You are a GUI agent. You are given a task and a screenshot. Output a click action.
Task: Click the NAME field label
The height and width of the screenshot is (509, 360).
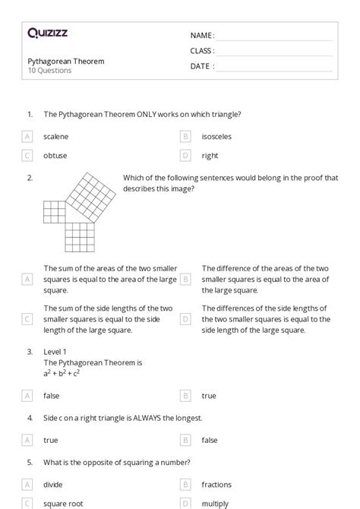click(201, 36)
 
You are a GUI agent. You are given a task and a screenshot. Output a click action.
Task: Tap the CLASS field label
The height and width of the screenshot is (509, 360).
click(202, 51)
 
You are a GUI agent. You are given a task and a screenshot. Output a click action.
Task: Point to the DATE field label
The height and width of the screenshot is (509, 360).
click(201, 66)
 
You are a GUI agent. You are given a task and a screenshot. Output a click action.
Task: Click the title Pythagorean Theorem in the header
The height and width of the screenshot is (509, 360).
click(66, 61)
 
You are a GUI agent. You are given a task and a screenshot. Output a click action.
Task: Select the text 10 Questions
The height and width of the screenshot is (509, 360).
click(49, 71)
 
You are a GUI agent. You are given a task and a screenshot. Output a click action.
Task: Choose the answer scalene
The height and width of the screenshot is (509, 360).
click(56, 137)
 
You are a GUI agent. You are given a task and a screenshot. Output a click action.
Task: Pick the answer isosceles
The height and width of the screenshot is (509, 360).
click(216, 137)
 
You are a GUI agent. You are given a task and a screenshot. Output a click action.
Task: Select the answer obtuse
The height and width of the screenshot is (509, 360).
click(55, 156)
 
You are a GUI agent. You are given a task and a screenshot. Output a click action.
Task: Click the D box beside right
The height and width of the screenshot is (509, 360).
click(185, 156)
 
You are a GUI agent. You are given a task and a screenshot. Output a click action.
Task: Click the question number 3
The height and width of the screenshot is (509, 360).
click(30, 352)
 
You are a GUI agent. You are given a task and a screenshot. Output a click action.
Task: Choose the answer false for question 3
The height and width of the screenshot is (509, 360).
click(52, 396)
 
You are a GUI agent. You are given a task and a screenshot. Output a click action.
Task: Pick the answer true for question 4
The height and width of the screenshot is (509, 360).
click(51, 440)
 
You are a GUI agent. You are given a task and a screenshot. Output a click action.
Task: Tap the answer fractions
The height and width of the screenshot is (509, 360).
click(217, 485)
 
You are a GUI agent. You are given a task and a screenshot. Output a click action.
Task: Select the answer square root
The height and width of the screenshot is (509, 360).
click(63, 503)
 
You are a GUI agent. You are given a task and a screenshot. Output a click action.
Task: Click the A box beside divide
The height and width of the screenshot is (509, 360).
click(27, 485)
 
